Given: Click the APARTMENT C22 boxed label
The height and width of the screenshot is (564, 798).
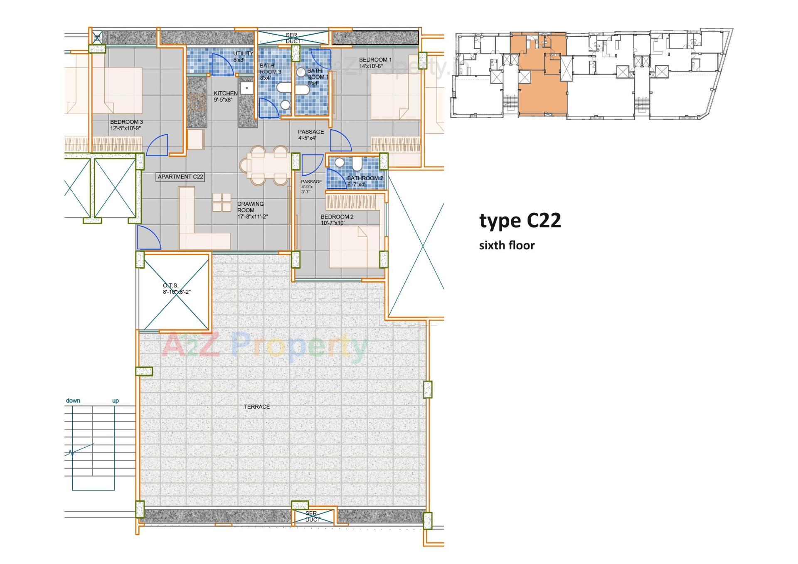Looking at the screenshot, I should tap(180, 177).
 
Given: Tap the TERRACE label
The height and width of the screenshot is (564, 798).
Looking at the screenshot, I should tap(257, 406).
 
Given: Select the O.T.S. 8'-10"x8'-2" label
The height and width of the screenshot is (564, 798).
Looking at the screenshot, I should tap(176, 288).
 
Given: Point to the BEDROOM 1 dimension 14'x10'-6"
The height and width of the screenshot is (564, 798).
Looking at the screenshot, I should tap(371, 66).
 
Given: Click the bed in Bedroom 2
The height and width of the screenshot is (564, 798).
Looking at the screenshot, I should tap(354, 247).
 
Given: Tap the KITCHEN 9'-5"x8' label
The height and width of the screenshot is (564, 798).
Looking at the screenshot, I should tap(226, 96).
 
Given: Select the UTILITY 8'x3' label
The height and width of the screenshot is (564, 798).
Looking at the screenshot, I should tap(243, 57).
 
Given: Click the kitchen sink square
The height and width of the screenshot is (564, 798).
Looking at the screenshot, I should tap(247, 88).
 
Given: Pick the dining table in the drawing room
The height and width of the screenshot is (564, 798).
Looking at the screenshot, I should tap(269, 165).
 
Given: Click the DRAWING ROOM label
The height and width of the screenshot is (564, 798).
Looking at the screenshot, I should tap(250, 207).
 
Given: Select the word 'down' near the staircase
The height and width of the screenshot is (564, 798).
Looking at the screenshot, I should tap(73, 401).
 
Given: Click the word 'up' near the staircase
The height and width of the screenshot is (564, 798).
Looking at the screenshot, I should tap(116, 401).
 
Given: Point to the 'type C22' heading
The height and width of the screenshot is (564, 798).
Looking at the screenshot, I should tap(520, 220).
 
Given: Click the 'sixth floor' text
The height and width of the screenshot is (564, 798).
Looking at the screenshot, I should tap(507, 245).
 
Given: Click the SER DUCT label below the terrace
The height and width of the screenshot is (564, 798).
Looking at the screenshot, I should tap(312, 517).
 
